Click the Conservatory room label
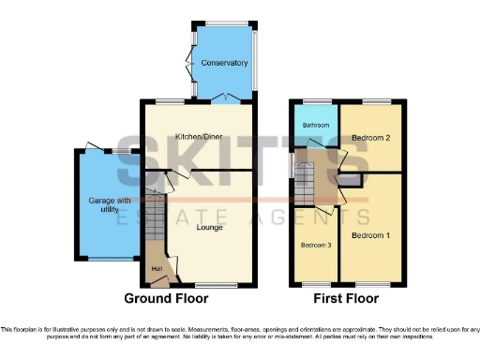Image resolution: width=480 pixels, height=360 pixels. click(224, 63)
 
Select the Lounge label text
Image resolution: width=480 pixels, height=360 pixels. click(208, 226)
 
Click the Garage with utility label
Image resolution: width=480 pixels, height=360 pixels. click(108, 206)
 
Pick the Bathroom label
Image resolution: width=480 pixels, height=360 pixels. click(312, 124)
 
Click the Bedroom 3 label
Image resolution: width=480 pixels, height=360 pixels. click(315, 246)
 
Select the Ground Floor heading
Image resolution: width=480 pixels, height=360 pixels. click(166, 299)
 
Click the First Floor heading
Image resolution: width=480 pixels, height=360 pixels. click(347, 299)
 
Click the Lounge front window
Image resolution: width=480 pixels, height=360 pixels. click(216, 283)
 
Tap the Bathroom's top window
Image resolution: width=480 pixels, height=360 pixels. click(314, 101)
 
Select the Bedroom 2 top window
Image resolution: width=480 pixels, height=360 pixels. click(377, 101)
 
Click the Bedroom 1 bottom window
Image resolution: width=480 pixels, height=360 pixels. click(374, 283)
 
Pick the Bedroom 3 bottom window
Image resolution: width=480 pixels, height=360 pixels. click(315, 283)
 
